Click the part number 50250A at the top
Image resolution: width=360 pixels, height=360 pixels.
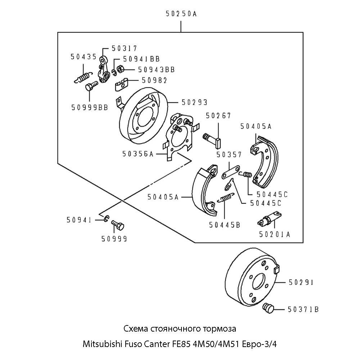click(181, 14)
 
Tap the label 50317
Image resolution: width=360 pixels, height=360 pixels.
click(124, 48)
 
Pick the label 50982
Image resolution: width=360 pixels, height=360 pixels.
click(154, 80)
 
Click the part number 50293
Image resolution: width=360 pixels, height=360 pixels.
click(194, 103)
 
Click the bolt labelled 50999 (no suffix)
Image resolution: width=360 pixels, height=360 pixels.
click(117, 226)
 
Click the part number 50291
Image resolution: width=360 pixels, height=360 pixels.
click(301, 283)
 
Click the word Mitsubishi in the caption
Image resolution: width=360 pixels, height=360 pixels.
click(99, 343)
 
